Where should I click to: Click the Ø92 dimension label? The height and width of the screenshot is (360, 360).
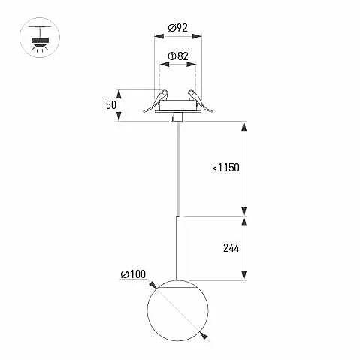pyautogui.click(x=177, y=28)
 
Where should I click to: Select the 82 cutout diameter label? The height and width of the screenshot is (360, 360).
pyautogui.click(x=183, y=56)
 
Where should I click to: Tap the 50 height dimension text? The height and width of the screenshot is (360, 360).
pyautogui.click(x=111, y=105)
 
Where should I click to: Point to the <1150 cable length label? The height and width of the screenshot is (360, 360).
pyautogui.click(x=225, y=168)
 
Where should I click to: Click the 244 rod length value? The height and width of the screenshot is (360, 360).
pyautogui.click(x=231, y=248)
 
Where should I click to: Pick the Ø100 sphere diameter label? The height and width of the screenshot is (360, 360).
pyautogui.click(x=133, y=274)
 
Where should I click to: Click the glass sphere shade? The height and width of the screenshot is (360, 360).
pyautogui.click(x=177, y=310)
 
